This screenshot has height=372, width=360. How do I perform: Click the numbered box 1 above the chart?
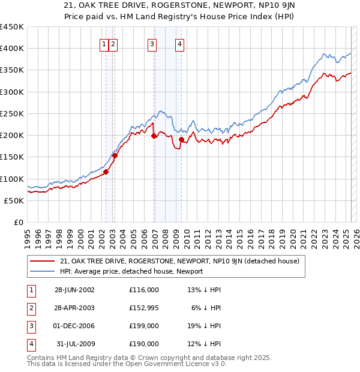(x=104, y=43)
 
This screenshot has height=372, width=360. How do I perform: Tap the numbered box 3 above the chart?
(x=152, y=43)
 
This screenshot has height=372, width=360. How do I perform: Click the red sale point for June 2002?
(x=106, y=172)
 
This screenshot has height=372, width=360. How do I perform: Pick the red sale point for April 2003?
(x=115, y=156)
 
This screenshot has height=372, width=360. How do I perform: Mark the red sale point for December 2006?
(x=154, y=136)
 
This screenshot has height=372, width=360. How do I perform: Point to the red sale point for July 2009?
(x=181, y=140)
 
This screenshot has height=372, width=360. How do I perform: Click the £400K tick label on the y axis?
(x=11, y=49)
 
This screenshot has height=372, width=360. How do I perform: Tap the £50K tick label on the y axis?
(x=14, y=200)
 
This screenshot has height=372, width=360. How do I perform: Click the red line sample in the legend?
(x=43, y=261)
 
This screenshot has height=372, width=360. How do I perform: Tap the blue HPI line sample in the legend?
(x=43, y=271)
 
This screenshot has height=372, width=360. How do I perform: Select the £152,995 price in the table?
(x=144, y=308)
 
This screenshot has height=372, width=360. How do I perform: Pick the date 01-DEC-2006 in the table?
(x=74, y=326)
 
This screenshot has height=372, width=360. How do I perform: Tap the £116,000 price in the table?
(x=144, y=290)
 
